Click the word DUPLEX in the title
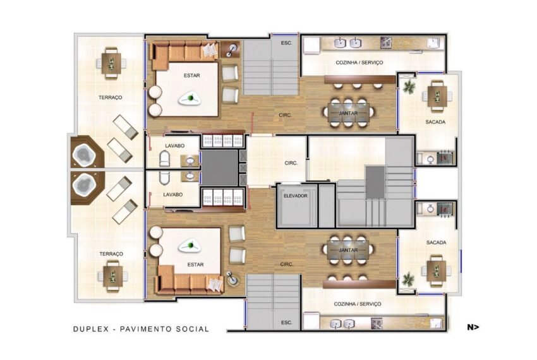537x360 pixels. coord(91,329)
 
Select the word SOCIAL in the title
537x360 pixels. coord(193,329)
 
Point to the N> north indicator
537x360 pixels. coord(473,327)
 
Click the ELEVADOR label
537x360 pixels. coord(296,196)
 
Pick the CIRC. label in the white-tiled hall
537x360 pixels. coord(291,164)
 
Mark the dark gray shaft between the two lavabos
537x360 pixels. coord(219,168)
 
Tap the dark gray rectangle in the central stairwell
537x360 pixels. coord(375,183)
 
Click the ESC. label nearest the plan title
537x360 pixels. coord(287,323)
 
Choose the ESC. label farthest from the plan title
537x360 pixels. coord(287,43)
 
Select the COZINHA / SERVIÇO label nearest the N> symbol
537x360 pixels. coord(358,304)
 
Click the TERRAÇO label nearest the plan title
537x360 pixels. coord(111,254)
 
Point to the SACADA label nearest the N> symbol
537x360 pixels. coord(437,243)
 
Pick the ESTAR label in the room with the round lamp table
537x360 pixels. coord(196,265)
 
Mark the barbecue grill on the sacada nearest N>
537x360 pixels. coord(445,209)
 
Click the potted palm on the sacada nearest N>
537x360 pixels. coord(408,279)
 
